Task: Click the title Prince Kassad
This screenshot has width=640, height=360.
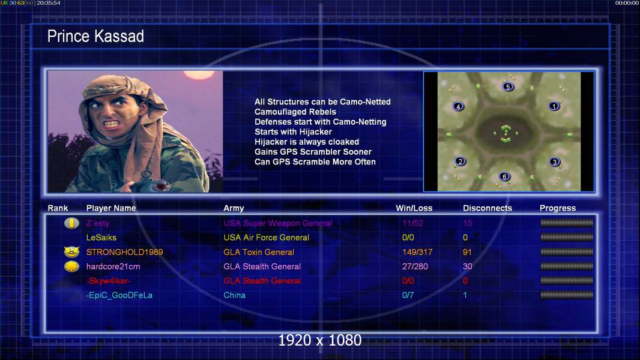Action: (95, 36)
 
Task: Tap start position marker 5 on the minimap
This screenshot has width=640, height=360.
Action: (508, 87)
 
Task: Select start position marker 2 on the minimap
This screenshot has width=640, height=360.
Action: (460, 161)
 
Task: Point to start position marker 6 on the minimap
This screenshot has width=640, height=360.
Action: (504, 176)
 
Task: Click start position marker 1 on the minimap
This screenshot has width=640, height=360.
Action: (554, 106)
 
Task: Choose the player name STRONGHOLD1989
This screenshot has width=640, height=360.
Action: (124, 253)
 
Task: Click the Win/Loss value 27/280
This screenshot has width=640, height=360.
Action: (415, 266)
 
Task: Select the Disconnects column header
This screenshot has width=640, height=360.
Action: (488, 208)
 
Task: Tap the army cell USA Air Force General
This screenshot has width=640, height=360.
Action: (266, 238)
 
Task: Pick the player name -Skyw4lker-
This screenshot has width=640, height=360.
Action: (108, 281)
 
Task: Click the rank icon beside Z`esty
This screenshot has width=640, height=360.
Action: (71, 223)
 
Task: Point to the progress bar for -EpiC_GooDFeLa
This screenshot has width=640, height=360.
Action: (567, 295)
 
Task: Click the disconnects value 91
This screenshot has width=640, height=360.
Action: (467, 253)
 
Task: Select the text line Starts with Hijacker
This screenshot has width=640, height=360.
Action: (293, 131)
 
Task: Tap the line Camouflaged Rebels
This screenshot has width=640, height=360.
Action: (295, 112)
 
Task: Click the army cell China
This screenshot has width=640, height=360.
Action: (234, 295)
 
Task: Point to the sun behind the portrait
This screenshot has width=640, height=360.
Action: (199, 74)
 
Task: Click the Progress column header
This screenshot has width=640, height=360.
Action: (558, 208)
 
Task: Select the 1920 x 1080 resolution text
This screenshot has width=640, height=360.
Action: (320, 340)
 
